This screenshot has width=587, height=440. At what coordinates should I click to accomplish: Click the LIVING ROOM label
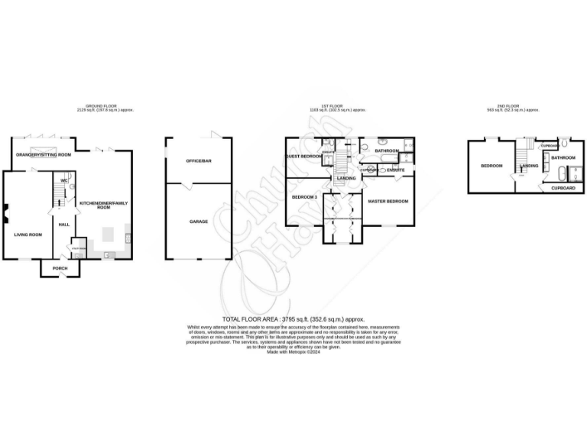coord(28,235)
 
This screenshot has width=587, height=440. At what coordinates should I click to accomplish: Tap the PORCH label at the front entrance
coord(60,268)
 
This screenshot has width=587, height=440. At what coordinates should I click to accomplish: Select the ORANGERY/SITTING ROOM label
coord(44,155)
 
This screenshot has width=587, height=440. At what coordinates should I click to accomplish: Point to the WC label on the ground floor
coord(64,181)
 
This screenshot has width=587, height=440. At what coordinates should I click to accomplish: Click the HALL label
coord(64,224)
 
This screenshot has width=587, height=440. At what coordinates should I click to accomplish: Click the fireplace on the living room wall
coord(5,215)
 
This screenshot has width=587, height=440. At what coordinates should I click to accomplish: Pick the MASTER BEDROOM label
coord(388,201)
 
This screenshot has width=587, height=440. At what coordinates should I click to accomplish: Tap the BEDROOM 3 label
coord(304,197)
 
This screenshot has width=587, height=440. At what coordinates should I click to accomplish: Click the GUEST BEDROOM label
coord(303,156)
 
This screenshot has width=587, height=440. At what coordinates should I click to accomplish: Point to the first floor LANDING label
coord(344,179)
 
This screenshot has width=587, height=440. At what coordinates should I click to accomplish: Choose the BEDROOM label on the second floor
coord(491,166)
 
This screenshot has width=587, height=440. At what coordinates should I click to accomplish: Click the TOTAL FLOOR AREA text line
coord(293,319)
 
